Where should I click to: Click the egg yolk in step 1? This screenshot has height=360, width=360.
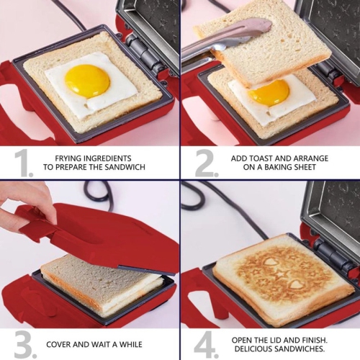[87, 80]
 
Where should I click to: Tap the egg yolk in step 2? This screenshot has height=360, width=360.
[271, 91]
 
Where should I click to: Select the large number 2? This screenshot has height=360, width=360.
[206, 163]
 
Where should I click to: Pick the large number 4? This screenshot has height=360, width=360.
[206, 344]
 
